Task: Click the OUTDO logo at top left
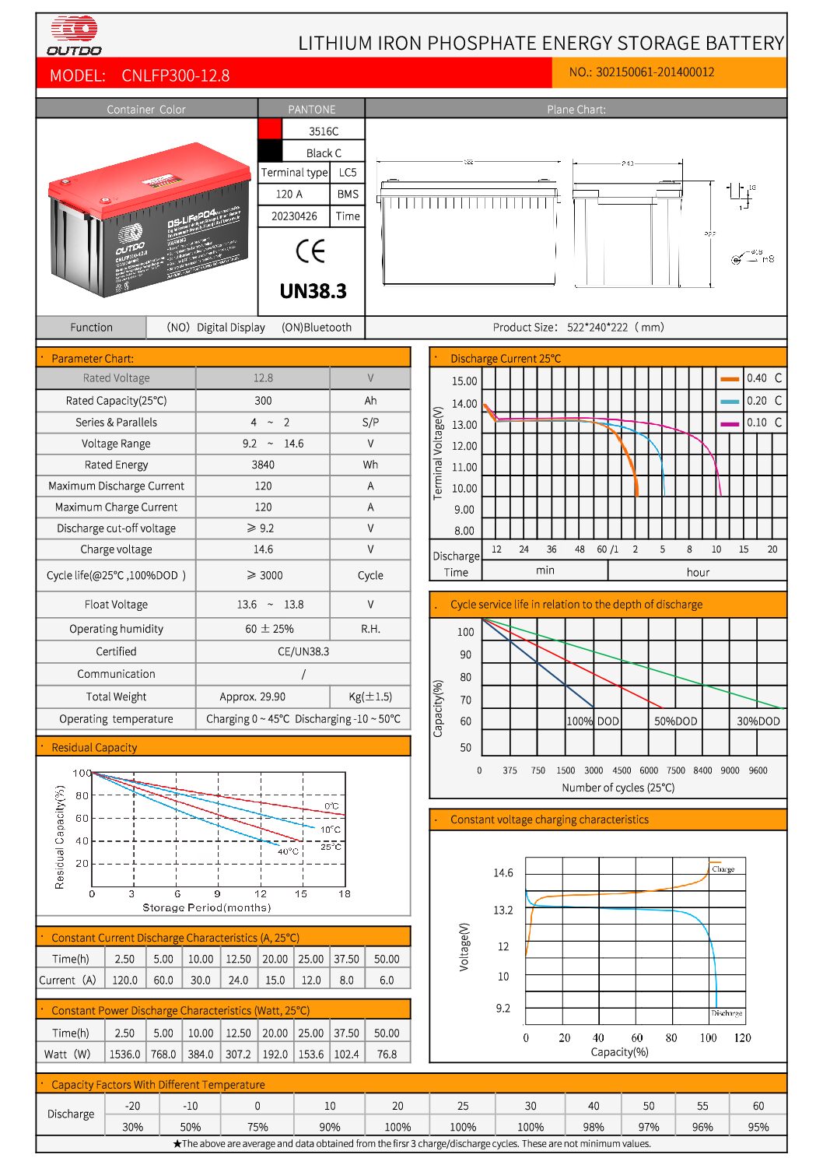75,36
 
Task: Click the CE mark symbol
310,251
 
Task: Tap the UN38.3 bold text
313,291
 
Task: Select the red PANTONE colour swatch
270,129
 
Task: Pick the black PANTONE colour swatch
270,151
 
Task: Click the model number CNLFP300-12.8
175,75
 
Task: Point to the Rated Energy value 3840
263,465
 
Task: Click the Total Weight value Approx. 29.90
252,697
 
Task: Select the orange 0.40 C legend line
730,379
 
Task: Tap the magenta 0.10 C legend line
730,423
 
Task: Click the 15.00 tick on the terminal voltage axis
464,381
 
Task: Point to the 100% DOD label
593,721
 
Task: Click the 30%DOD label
758,721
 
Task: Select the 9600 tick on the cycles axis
758,770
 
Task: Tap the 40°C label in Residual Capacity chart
288,851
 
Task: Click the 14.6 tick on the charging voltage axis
503,873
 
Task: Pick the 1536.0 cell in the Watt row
124,1054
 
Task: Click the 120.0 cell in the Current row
124,981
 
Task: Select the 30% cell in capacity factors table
132,1127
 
